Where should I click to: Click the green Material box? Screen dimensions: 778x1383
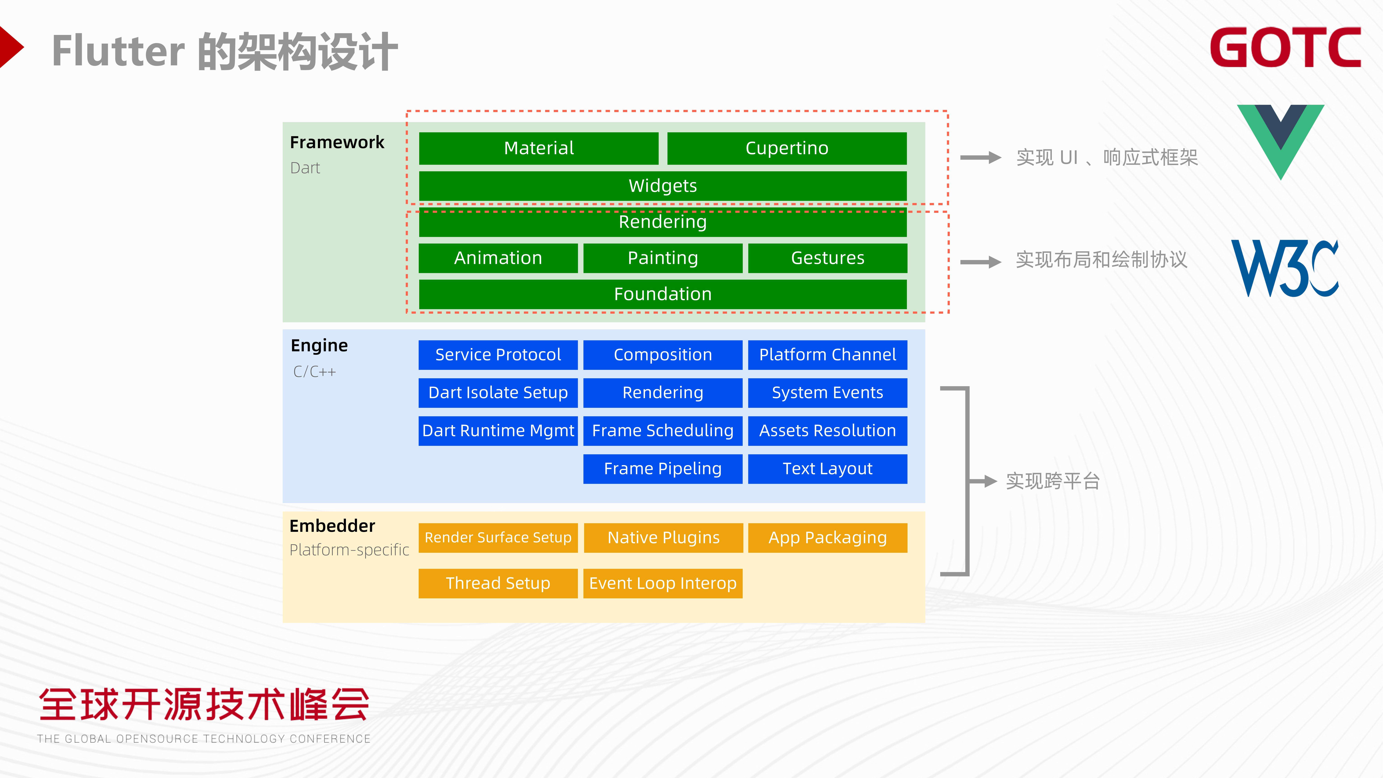(539, 148)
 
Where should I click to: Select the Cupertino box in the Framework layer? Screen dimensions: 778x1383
(787, 148)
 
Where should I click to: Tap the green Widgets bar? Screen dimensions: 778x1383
(662, 186)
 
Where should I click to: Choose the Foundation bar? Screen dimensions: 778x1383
(662, 294)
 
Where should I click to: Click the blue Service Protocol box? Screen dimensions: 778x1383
(498, 355)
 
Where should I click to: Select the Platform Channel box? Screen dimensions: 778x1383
(827, 355)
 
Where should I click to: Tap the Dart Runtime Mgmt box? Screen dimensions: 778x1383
(498, 431)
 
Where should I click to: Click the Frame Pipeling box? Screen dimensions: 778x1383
(662, 469)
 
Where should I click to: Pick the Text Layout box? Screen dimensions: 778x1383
(827, 469)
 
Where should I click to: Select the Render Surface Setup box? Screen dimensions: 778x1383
(498, 538)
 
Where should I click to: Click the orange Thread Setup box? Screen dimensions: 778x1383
(498, 583)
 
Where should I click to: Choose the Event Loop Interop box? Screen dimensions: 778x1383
(662, 583)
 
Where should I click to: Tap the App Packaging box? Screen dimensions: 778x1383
(827, 538)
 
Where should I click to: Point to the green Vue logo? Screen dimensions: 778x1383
(1280, 141)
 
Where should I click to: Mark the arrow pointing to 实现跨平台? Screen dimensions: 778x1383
(983, 481)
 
